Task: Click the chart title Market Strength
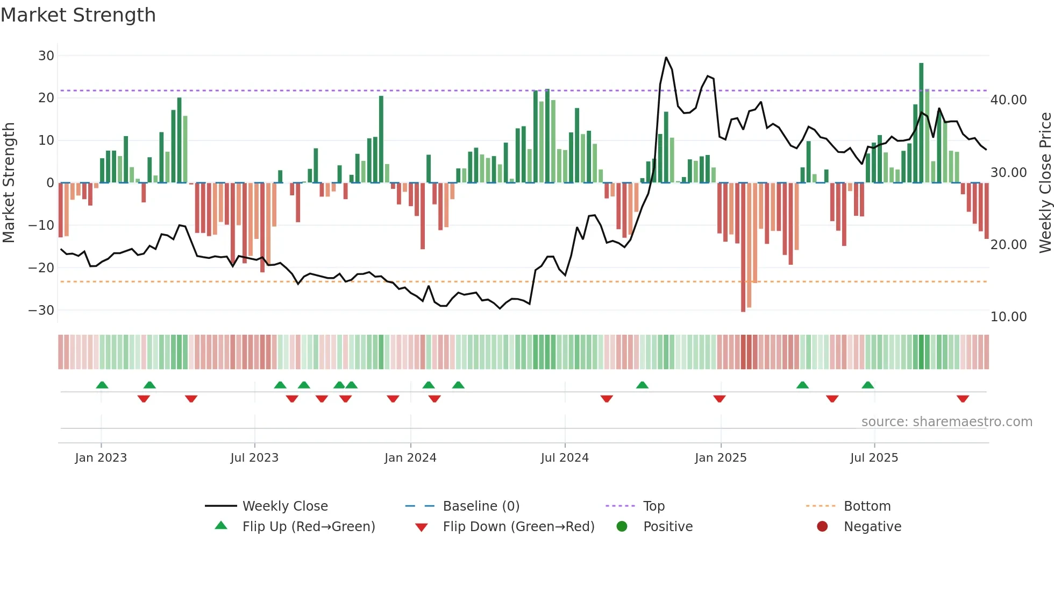78,15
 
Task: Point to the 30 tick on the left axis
46,55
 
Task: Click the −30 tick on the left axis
41,310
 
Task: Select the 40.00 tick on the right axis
1008,100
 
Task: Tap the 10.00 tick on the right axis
1008,316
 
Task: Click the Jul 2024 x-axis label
565,457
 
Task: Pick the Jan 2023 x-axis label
101,457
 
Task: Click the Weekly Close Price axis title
1045,183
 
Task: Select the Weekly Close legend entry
284,506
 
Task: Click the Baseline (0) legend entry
481,506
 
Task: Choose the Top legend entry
653,506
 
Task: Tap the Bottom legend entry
867,506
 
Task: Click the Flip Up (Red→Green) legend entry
308,526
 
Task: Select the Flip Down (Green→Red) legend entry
518,526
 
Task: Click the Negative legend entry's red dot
822,526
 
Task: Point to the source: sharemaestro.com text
946,421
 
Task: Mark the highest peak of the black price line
666,58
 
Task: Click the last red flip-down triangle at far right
963,399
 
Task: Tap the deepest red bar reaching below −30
743,248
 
